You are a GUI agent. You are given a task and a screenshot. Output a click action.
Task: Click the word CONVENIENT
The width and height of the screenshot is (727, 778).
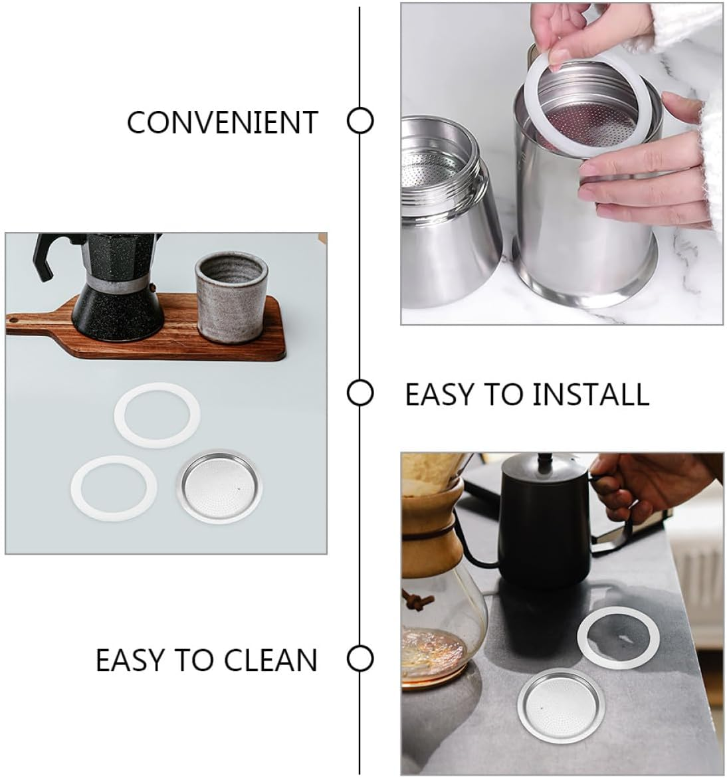click(222, 123)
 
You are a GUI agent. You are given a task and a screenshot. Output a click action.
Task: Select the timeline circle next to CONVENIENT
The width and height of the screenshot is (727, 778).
click(360, 122)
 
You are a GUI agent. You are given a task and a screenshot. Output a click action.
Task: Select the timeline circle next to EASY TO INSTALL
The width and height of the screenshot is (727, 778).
click(360, 393)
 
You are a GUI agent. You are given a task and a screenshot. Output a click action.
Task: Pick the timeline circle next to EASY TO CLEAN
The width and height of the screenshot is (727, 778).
click(360, 659)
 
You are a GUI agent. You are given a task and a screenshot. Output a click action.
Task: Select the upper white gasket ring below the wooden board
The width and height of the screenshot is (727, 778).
click(156, 419)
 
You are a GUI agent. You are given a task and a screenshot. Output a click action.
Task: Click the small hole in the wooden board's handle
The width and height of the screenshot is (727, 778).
click(12, 322)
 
